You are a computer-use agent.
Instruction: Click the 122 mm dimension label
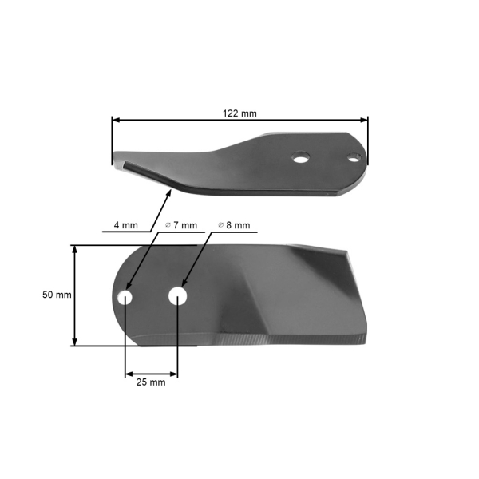point(239,113)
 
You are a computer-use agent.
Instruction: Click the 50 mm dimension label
point(57,295)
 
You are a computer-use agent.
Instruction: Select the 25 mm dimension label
point(152,382)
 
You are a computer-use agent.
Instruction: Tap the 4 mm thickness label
point(125,226)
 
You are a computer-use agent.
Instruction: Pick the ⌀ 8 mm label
point(235,226)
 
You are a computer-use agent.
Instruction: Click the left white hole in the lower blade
point(125,296)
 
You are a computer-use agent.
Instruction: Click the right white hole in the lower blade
point(178,295)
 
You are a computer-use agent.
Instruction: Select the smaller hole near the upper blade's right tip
point(351,157)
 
